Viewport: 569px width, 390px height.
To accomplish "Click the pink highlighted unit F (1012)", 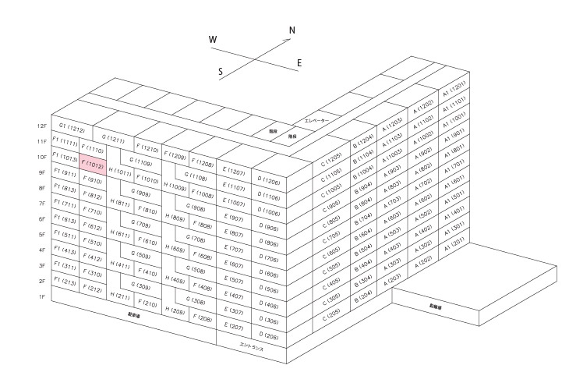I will (94, 165).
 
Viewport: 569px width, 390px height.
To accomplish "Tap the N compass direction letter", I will (292, 31).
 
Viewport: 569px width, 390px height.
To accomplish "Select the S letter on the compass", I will (221, 72).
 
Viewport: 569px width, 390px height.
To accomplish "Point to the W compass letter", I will (213, 40).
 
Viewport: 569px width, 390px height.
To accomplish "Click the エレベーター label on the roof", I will (316, 121).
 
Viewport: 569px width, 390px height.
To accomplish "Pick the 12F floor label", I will (42, 126).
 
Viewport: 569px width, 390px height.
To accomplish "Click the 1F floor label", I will (42, 297).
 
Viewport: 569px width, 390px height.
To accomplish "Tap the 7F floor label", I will (42, 204).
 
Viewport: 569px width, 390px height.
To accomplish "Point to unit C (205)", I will (334, 312).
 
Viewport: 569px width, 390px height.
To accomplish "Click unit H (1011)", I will (121, 171).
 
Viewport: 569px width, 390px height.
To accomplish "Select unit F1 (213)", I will (65, 282).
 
